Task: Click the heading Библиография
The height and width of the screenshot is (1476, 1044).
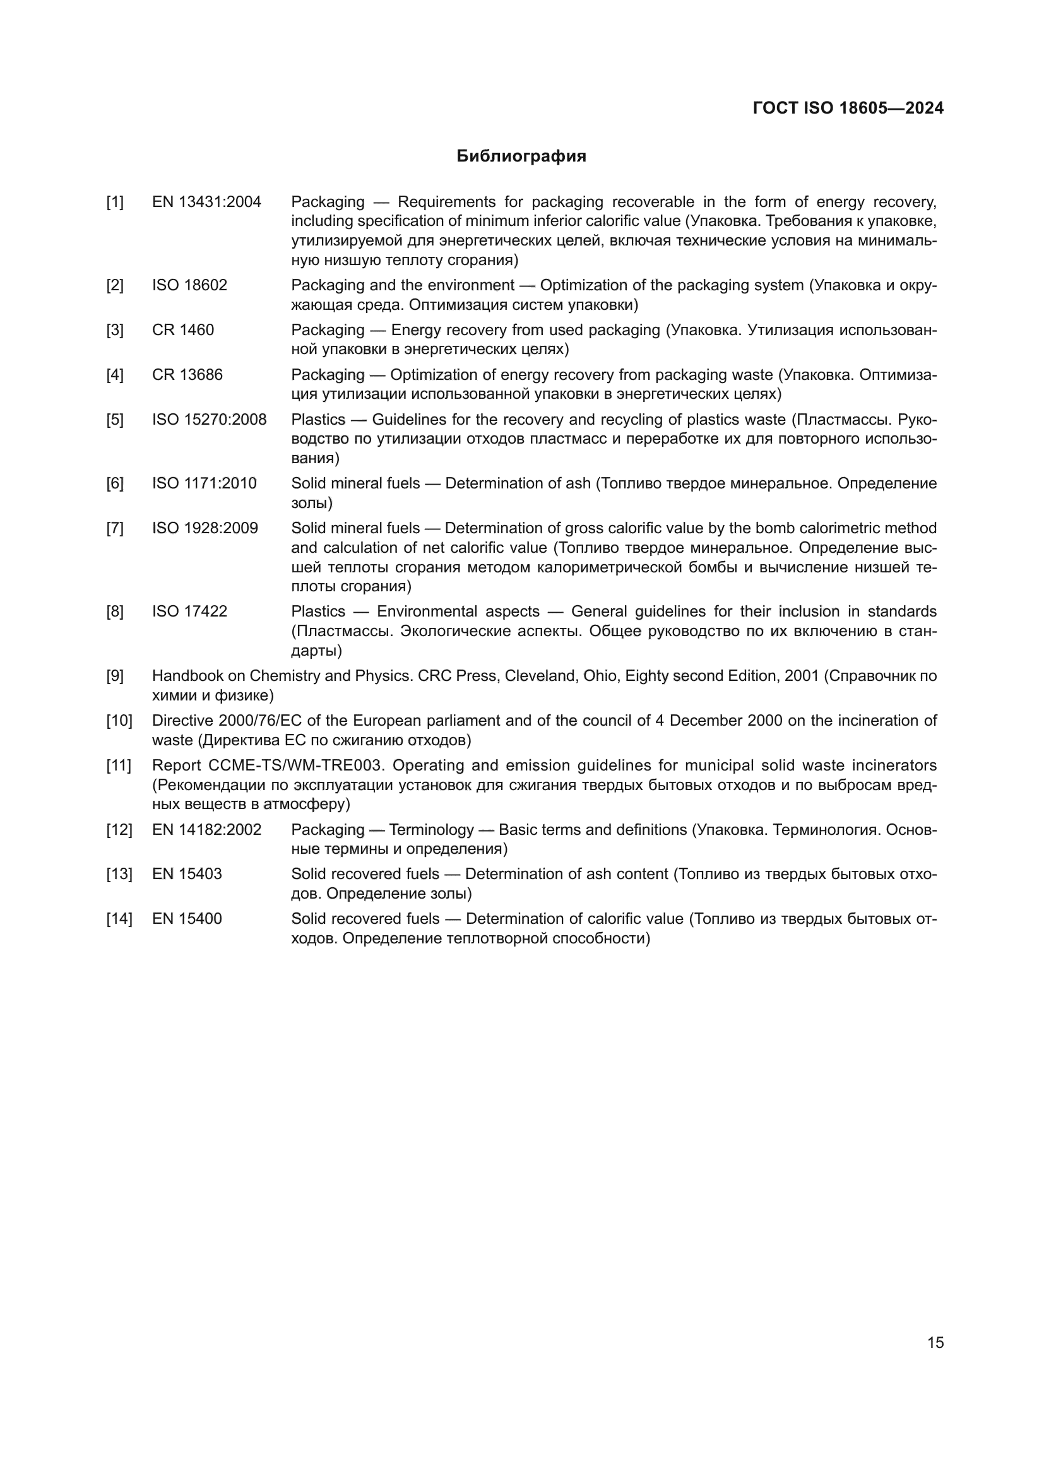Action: click(x=521, y=156)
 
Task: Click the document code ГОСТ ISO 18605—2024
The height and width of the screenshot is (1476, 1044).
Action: click(x=847, y=108)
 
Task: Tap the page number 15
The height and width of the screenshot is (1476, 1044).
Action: click(x=935, y=1342)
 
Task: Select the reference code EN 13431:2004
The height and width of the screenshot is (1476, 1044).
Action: click(x=206, y=202)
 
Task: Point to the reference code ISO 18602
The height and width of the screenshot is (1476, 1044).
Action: click(x=189, y=285)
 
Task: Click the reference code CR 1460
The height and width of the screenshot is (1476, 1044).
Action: click(x=182, y=330)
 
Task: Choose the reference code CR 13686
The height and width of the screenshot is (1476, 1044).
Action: click(x=187, y=374)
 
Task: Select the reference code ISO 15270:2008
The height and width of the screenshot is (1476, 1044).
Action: click(x=209, y=419)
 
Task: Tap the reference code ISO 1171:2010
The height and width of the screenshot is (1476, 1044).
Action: click(x=204, y=483)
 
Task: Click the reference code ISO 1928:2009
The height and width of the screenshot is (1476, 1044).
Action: click(x=205, y=528)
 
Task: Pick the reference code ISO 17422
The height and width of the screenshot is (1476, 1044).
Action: click(x=189, y=611)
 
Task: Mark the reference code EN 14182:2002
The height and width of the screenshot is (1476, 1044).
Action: click(x=206, y=829)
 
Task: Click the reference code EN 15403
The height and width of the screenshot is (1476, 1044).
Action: click(x=186, y=873)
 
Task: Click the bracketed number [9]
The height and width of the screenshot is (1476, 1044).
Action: click(x=115, y=676)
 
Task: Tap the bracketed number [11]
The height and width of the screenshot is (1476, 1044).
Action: click(x=119, y=765)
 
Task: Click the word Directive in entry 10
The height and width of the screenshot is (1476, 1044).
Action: click(x=177, y=720)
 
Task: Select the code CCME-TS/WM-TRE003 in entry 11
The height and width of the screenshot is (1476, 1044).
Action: click(x=295, y=765)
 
